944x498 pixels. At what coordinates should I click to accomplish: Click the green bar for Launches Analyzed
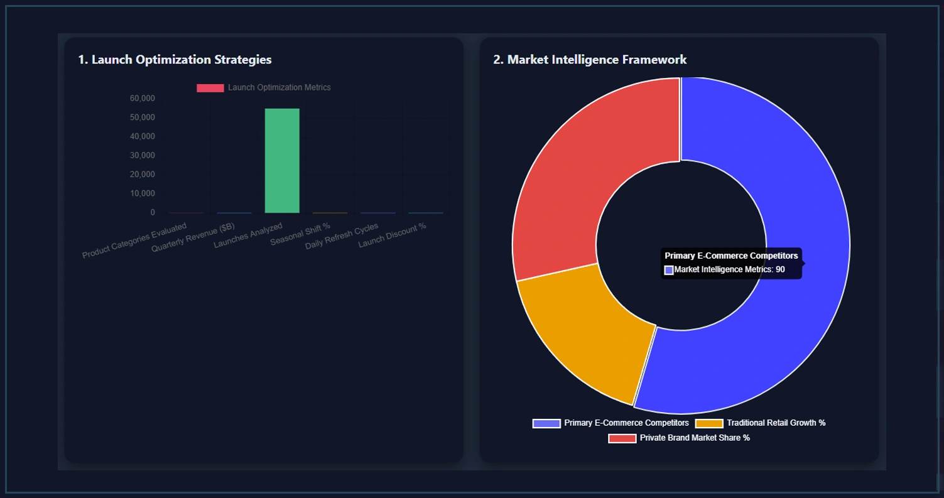click(282, 161)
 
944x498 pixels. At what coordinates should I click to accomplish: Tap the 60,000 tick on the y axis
click(143, 99)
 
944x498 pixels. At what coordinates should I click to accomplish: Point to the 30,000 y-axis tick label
click(143, 155)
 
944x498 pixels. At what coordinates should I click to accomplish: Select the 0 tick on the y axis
click(153, 212)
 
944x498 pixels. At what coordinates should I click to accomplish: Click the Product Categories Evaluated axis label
click(134, 241)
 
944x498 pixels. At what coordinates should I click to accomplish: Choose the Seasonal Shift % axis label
click(300, 234)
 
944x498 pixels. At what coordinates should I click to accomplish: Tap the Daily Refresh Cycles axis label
click(342, 237)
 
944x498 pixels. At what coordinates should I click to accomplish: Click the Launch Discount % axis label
click(393, 235)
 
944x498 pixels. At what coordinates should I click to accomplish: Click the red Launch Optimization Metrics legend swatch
click(210, 88)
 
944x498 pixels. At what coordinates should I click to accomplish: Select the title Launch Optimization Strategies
click(175, 60)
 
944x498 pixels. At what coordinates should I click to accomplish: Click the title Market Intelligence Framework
click(590, 60)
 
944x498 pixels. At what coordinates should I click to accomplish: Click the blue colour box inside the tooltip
click(669, 270)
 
